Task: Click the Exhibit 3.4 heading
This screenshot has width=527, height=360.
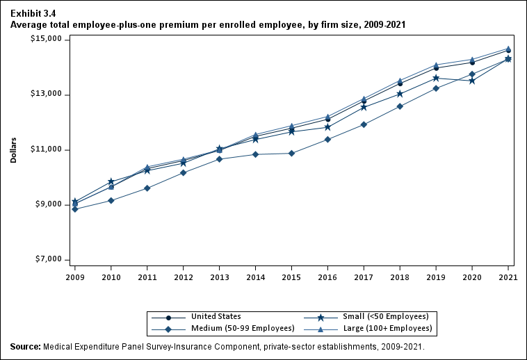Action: click(33, 13)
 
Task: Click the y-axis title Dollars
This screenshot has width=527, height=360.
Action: click(13, 149)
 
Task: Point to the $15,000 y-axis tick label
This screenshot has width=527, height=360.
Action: click(47, 40)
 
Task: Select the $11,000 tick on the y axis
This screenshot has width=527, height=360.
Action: click(47, 150)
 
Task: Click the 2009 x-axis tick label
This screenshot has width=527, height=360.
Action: click(74, 276)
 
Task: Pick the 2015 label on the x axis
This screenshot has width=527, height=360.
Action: click(291, 276)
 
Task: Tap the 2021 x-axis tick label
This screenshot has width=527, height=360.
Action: click(508, 276)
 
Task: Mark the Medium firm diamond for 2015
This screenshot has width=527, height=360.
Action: click(291, 153)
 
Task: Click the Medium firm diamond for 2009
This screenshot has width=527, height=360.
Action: click(74, 208)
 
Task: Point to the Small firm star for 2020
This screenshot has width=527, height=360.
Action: click(472, 81)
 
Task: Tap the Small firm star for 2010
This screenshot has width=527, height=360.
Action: click(111, 181)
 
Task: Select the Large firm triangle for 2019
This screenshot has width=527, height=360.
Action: click(436, 65)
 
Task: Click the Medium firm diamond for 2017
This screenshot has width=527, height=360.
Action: click(364, 124)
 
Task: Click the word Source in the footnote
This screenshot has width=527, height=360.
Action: click(25, 346)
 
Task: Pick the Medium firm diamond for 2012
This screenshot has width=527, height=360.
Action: click(183, 172)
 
